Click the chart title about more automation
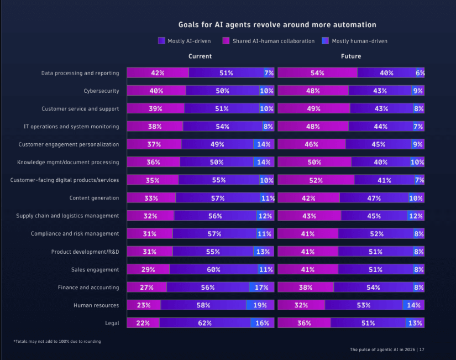click(x=277, y=25)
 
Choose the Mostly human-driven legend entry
click(x=359, y=41)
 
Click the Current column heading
click(x=200, y=56)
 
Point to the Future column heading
click(x=351, y=56)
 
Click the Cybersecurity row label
click(x=101, y=91)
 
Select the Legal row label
click(x=112, y=323)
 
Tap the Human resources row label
click(x=96, y=305)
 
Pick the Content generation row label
click(x=94, y=198)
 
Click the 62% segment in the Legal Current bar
click(x=205, y=323)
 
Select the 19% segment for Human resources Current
click(x=260, y=305)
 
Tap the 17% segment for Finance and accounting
click(x=261, y=288)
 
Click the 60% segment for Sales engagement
click(x=213, y=270)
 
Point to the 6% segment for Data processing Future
click(x=420, y=73)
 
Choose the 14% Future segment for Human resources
click(x=413, y=305)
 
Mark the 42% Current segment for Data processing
click(x=158, y=73)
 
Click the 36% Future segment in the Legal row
click(x=304, y=323)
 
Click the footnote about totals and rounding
click(x=57, y=341)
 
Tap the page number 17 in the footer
click(x=422, y=349)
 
